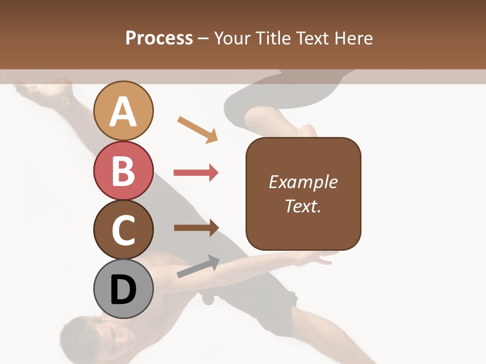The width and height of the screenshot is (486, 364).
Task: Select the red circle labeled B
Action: point(123,170)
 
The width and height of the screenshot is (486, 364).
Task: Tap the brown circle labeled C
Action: point(123,230)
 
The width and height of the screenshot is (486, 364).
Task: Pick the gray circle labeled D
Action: point(123,289)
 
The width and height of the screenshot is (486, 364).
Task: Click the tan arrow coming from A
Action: point(197,129)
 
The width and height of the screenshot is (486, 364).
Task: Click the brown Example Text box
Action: point(303,222)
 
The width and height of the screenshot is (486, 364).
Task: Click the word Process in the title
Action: point(159,38)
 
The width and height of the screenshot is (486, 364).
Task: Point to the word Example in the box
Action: point(303,181)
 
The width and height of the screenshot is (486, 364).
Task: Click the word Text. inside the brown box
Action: point(303,206)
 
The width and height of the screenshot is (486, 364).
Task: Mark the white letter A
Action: point(123,112)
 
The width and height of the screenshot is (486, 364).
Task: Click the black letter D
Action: point(123,290)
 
